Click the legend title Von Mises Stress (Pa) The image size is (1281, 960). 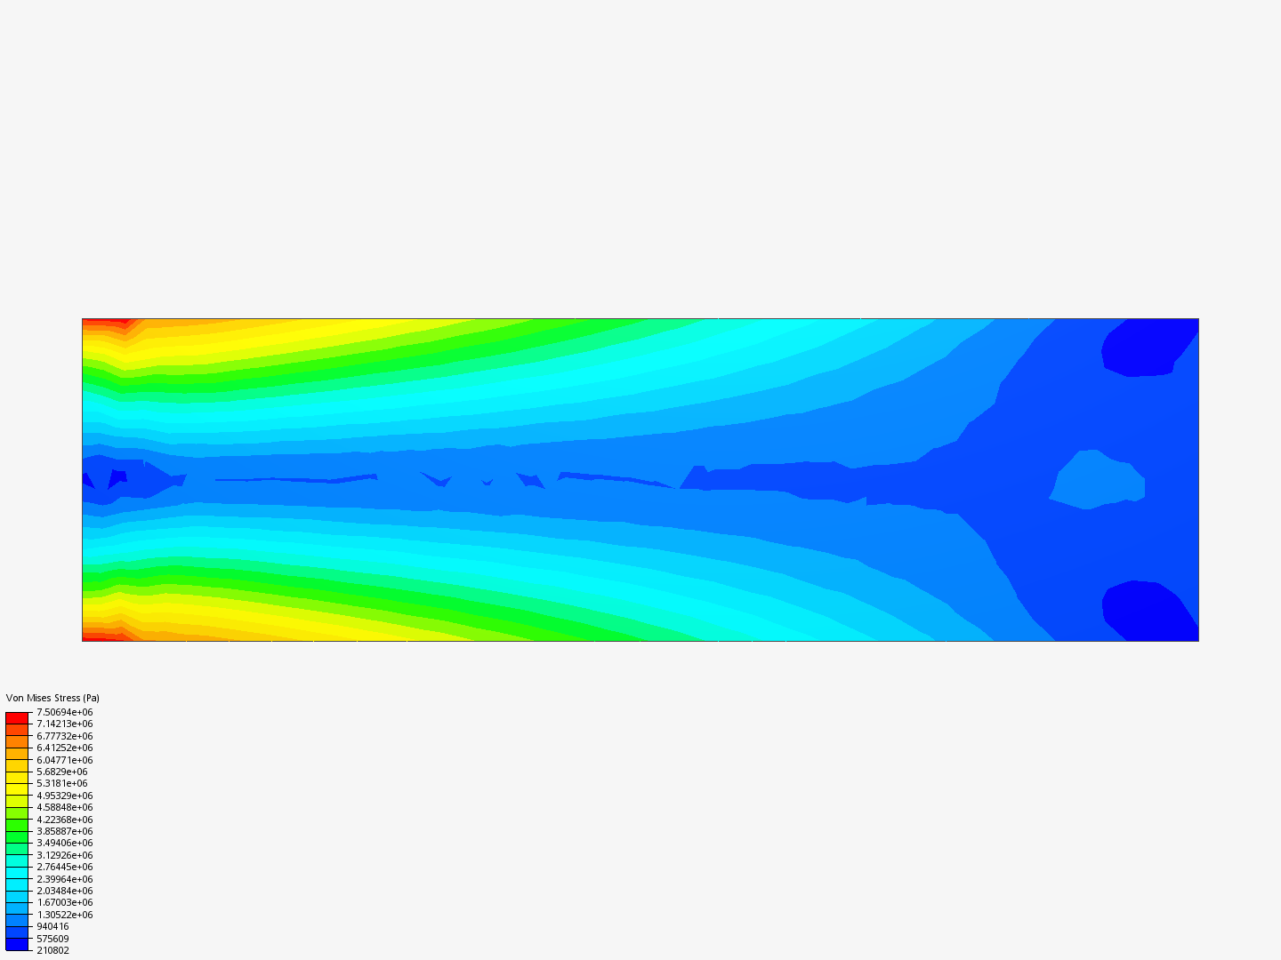[52, 698]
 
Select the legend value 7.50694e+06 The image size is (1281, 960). [65, 712]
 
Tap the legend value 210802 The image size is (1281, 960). [53, 951]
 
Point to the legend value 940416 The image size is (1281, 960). [53, 927]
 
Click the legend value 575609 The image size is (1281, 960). [53, 939]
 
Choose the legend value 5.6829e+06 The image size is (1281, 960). [62, 772]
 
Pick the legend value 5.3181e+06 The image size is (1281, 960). [62, 783]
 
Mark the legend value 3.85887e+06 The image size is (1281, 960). [65, 831]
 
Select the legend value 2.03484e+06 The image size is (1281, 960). [65, 892]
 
